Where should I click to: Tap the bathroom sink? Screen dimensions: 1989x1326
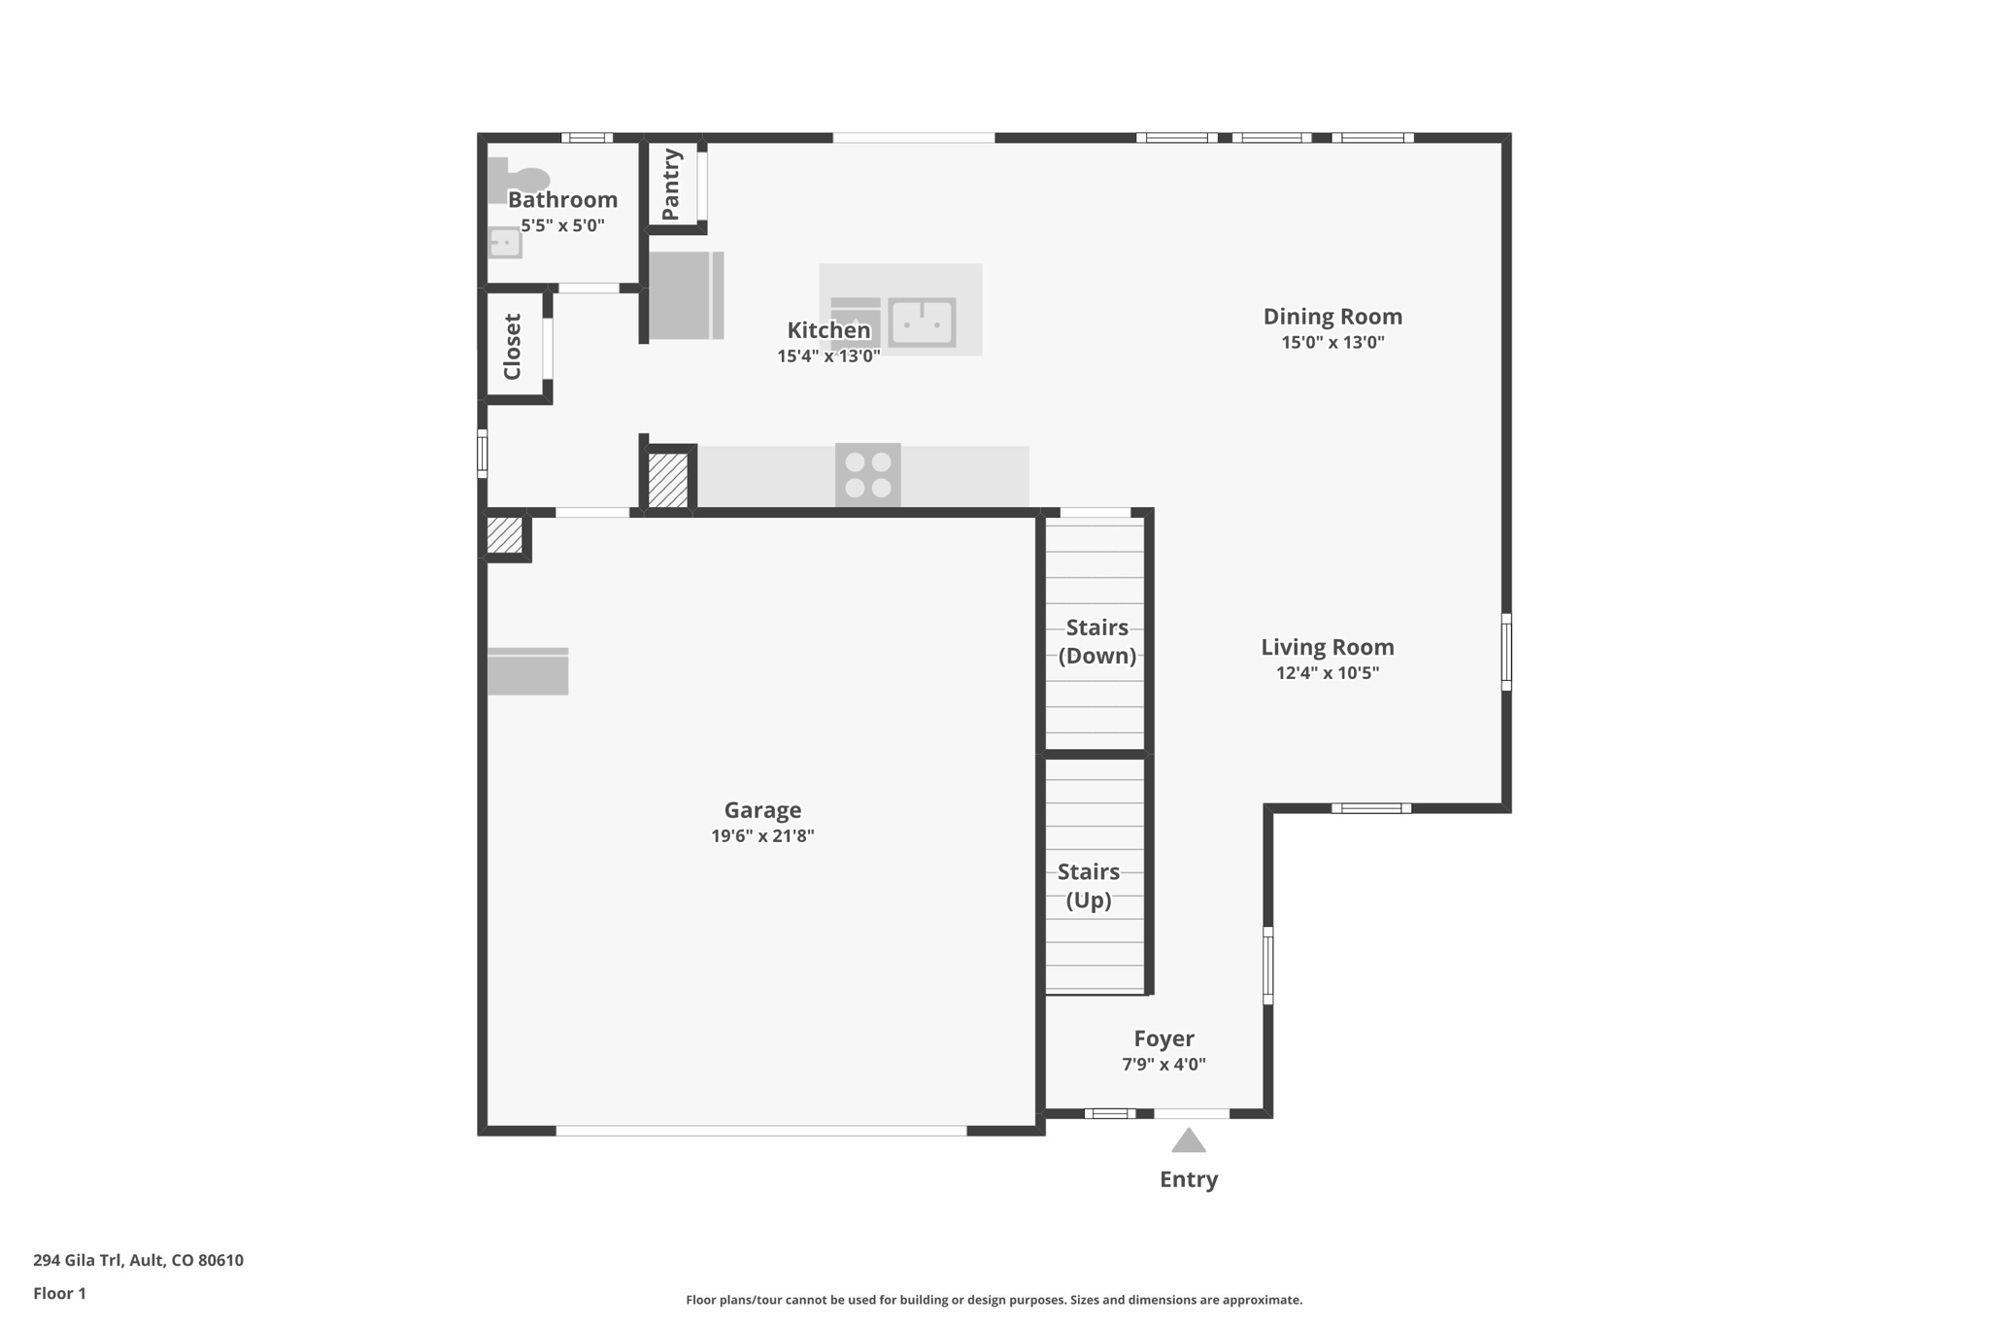point(504,242)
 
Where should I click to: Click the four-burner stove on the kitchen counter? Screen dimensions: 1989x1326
point(868,475)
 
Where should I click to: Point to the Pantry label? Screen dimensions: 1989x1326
point(670,185)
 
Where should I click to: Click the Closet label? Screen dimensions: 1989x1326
point(512,347)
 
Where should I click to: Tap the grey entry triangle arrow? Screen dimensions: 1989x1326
point(1189,1139)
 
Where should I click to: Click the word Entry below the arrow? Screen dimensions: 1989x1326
point(1189,1179)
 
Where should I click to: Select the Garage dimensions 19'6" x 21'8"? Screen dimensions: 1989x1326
point(762,836)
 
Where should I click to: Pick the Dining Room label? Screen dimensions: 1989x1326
point(1332,317)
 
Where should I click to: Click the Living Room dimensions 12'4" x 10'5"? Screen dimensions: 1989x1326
point(1328,673)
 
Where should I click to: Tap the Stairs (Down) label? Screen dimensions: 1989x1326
point(1097,641)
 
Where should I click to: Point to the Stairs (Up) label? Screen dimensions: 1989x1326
point(1089,886)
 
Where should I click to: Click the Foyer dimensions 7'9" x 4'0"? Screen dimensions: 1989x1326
point(1164,1065)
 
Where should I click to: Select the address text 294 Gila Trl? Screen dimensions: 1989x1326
point(79,1261)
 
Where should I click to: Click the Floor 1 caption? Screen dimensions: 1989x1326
point(59,1294)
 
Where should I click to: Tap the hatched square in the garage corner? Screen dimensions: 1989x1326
point(504,535)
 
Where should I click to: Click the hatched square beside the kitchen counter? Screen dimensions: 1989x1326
point(668,480)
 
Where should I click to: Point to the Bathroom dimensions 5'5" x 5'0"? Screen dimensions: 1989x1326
point(562,226)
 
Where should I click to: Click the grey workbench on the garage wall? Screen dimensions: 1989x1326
point(527,671)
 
